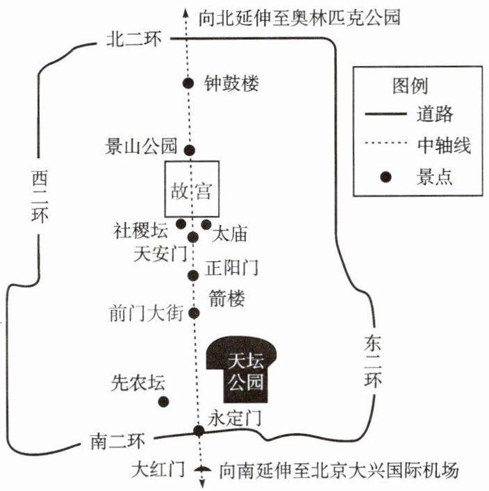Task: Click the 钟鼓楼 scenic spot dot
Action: [x=188, y=83]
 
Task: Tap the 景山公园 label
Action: [x=141, y=146]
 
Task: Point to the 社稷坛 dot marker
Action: [x=181, y=224]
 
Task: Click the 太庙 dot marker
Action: [x=206, y=224]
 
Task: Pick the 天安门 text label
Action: [x=160, y=253]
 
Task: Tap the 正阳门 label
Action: [x=232, y=268]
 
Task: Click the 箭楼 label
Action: [x=227, y=298]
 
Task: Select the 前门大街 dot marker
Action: [x=194, y=313]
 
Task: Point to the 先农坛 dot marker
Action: [x=163, y=401]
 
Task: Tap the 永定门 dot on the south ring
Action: [x=199, y=431]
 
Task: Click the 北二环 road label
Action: [x=134, y=40]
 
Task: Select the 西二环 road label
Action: [x=40, y=197]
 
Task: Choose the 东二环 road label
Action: [x=373, y=360]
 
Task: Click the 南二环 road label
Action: [x=118, y=441]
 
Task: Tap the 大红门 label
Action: [x=158, y=469]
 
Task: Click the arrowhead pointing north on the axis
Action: [x=185, y=12]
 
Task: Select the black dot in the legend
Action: [x=386, y=176]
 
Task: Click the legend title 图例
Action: [x=411, y=85]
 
